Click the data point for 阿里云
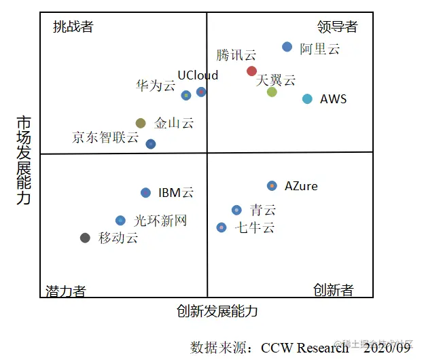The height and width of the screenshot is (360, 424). [287, 47]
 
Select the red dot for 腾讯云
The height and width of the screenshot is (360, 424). [252, 71]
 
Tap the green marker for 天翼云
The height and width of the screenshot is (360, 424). [272, 92]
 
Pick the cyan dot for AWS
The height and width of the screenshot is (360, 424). [307, 99]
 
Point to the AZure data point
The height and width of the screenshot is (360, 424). [272, 185]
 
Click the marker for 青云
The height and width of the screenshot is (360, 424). [236, 210]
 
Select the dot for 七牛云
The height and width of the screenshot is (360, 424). [222, 228]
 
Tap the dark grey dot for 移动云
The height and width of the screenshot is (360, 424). [85, 238]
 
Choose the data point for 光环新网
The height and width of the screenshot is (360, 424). [120, 220]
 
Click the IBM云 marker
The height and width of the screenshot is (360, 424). [145, 193]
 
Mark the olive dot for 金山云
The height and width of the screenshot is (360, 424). [141, 123]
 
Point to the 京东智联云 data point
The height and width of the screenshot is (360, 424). [151, 144]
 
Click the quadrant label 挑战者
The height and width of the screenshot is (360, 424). [73, 27]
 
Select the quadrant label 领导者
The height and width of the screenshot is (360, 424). [337, 27]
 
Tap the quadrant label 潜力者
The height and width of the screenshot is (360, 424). [66, 291]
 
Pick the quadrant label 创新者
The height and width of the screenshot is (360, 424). [334, 291]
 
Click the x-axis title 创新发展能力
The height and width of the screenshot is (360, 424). [217, 312]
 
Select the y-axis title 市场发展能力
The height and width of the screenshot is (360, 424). [24, 160]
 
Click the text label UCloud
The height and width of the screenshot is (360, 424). [198, 75]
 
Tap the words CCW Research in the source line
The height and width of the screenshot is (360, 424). [304, 347]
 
